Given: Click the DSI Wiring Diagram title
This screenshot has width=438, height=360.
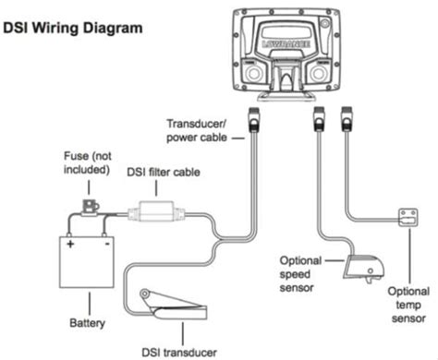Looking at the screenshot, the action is (x=73, y=28).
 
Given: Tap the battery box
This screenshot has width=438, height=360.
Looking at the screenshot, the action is (x=87, y=262).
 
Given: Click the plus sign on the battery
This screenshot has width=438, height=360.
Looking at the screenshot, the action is (x=70, y=244).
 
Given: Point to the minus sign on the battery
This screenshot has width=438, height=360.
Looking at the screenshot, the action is (x=107, y=245).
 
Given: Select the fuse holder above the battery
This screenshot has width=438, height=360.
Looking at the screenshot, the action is (x=91, y=207).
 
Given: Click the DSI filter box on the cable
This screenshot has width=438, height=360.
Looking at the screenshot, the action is (x=156, y=211).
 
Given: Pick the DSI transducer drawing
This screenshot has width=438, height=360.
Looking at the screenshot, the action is (x=173, y=304).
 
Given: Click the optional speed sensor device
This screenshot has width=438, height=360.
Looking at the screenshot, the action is (x=363, y=268).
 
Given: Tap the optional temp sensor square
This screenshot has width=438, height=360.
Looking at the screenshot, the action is (x=408, y=218).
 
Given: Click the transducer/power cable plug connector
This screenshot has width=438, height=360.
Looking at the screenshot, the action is (x=253, y=120).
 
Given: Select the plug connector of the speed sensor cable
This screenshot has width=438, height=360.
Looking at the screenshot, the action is (x=319, y=119).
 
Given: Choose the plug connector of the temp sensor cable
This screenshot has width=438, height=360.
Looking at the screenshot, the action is (x=347, y=119).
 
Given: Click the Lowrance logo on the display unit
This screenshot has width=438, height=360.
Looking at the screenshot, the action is (x=286, y=43).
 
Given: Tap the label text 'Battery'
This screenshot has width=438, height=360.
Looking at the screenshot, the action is (x=87, y=323).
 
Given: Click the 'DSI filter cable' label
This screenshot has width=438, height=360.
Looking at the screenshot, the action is (x=164, y=172).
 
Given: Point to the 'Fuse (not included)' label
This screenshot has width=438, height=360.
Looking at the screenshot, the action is (x=87, y=162).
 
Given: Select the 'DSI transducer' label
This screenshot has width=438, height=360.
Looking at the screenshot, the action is (x=179, y=353).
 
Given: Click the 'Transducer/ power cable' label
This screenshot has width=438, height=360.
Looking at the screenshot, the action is (x=197, y=130).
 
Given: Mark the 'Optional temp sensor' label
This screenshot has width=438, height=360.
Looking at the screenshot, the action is (x=408, y=305).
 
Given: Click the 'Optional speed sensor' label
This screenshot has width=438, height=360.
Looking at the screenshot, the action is (x=300, y=274).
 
